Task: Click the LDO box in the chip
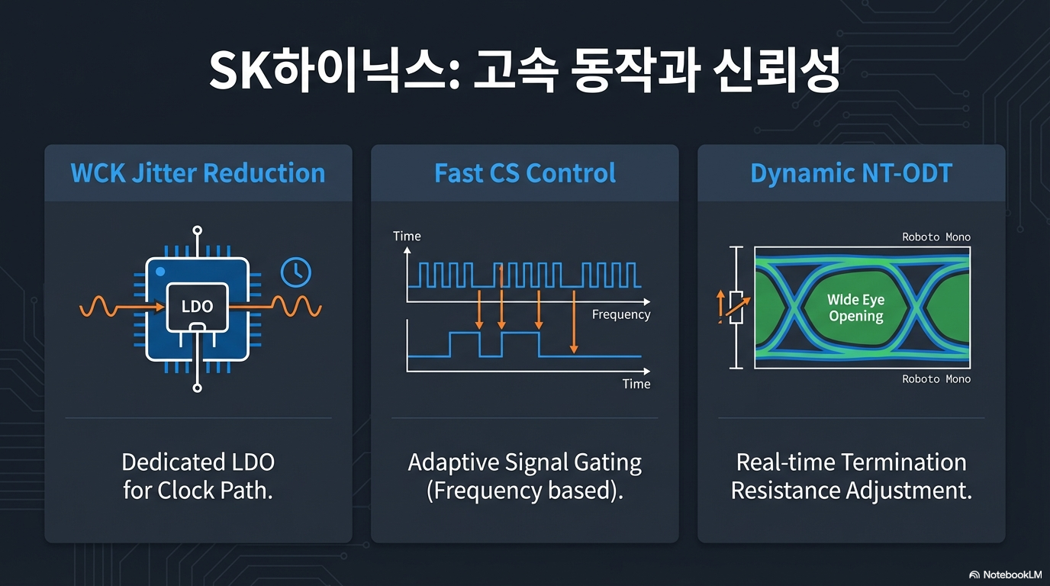pos(197,306)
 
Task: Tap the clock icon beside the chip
pos(295,272)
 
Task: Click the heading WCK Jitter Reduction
pos(198,173)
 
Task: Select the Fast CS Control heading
pos(525,173)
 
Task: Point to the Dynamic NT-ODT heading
pos(851,173)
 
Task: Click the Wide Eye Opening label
pos(855,308)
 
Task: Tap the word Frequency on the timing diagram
pos(621,314)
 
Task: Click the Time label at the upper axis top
pos(407,237)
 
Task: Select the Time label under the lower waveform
pos(636,384)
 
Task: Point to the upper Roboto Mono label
pos(936,237)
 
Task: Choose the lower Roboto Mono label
pos(936,379)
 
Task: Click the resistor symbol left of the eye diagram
pos(736,307)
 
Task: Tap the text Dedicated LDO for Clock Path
pos(198,476)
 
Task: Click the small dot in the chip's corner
pos(159,272)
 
